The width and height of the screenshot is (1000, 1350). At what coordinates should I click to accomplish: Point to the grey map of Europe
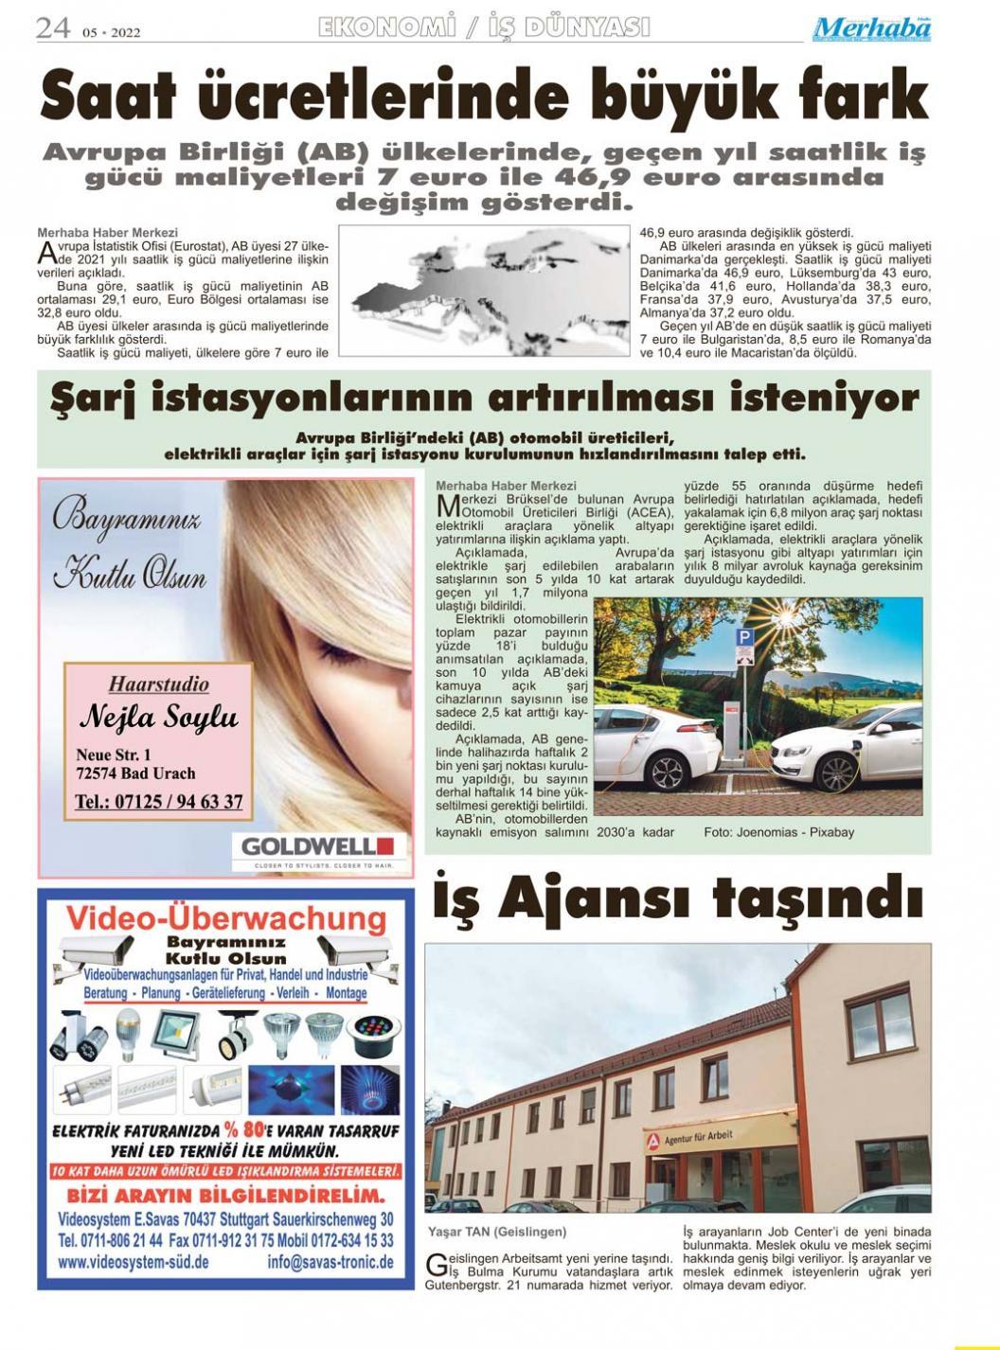point(483,288)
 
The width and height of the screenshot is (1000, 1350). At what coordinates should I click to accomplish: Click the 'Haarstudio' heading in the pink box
point(158,684)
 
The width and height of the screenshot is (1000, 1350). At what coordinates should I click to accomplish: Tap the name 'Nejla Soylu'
point(158,717)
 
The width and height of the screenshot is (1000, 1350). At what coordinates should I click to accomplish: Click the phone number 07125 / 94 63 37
point(158,802)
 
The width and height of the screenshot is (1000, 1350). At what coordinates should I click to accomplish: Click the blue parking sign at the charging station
point(744,638)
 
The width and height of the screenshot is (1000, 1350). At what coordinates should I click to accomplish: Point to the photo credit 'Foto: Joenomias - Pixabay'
point(778,832)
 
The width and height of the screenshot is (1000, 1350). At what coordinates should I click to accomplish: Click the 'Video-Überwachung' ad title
point(226,918)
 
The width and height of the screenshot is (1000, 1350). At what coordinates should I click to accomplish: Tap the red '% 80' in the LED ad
point(244,1129)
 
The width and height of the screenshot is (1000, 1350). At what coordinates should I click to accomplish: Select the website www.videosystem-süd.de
point(134,1262)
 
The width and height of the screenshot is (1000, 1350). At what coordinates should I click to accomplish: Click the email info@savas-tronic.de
point(330,1262)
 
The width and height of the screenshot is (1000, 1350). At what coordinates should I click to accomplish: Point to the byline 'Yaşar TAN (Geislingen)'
point(497,1232)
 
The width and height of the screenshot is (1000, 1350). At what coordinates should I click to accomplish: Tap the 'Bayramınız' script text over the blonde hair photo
point(126,520)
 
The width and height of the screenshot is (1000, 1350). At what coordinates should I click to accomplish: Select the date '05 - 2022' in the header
point(111,32)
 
